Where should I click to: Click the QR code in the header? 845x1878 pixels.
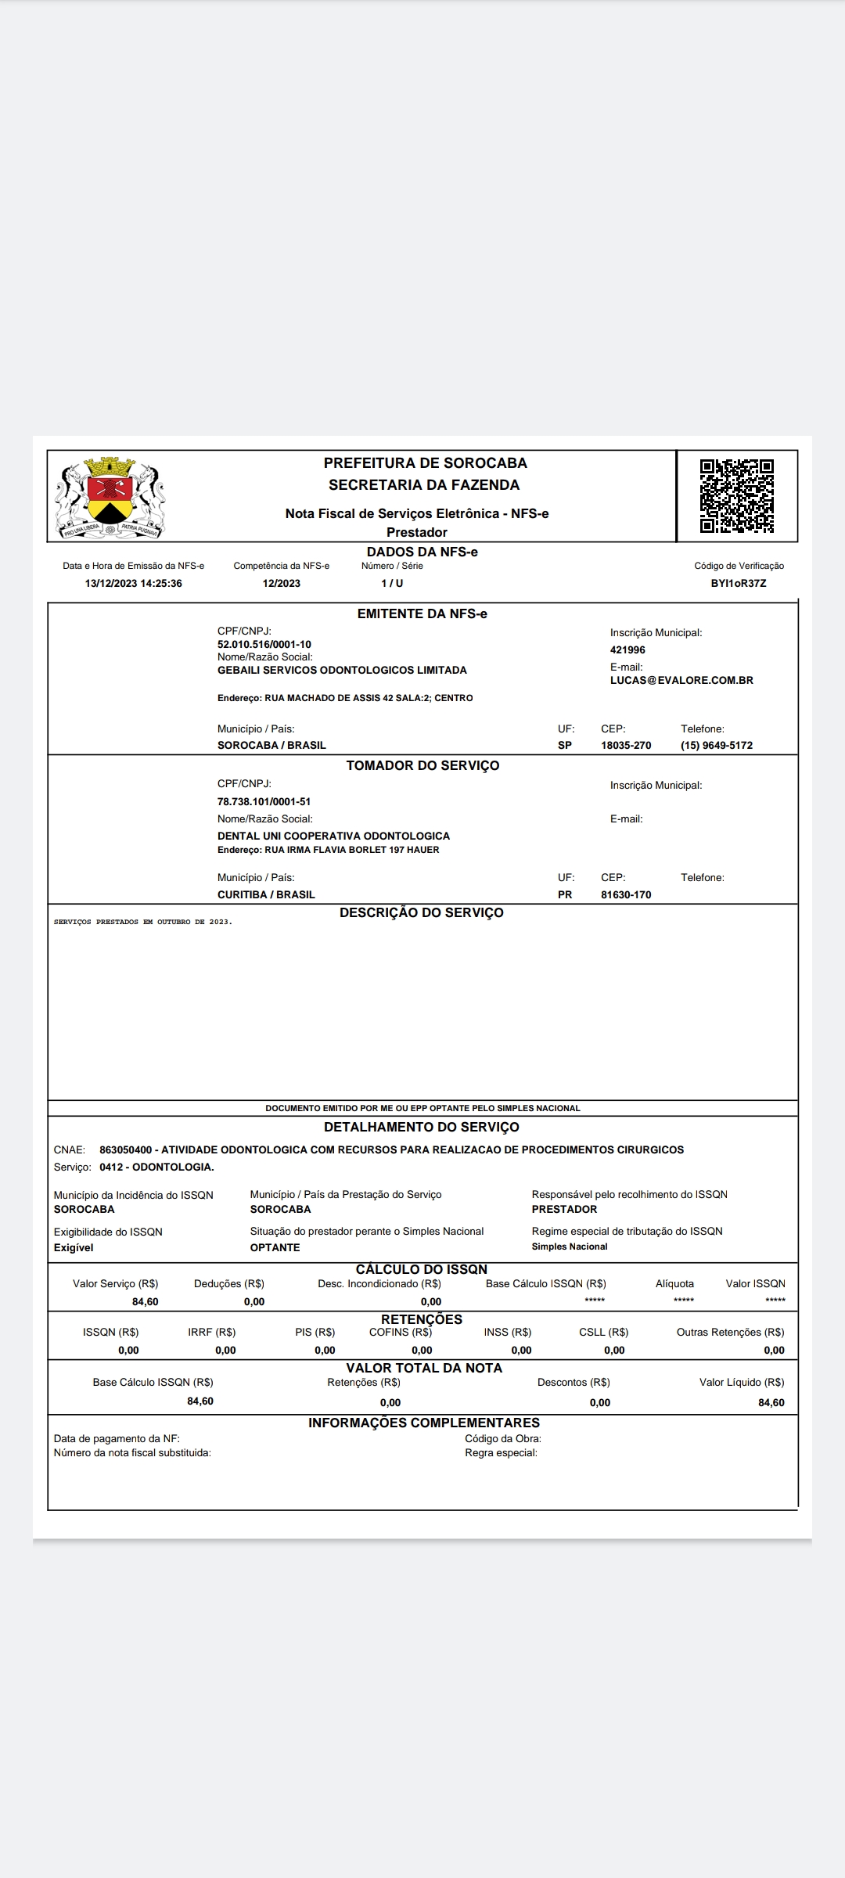pos(736,496)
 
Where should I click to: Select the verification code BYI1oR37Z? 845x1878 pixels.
pos(739,584)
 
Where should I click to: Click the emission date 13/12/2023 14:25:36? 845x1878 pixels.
pos(134,584)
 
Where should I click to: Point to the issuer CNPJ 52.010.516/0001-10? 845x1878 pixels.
pos(264,645)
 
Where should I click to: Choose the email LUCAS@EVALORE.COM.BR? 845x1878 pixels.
pos(681,681)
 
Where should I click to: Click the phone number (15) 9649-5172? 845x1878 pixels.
pos(717,746)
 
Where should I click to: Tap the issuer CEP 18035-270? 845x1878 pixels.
pos(626,746)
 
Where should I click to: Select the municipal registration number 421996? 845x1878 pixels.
pos(627,650)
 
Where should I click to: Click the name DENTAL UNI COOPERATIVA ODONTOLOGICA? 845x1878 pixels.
pos(333,836)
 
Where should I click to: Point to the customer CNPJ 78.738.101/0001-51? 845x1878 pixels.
pos(264,802)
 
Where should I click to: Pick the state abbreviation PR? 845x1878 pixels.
pos(565,895)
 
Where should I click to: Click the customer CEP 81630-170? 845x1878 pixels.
pos(626,895)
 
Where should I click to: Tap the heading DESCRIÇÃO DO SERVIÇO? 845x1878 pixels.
pos(422,913)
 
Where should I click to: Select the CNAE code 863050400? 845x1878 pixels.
pos(126,1150)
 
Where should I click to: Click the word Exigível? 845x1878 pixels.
pos(74,1248)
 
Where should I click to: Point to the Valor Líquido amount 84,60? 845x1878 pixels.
pos(771,1403)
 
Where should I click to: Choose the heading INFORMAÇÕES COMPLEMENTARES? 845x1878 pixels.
pos(424,1423)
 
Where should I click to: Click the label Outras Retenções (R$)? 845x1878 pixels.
pos(731,1333)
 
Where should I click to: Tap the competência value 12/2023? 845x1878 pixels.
pos(282,584)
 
